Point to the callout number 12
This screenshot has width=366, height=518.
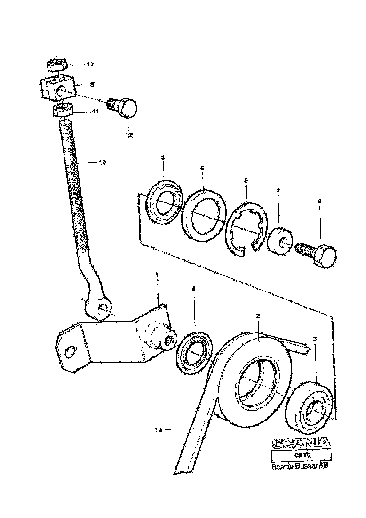pyautogui.click(x=128, y=135)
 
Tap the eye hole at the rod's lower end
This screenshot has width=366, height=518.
pyautogui.click(x=103, y=309)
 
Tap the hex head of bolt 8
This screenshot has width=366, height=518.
pyautogui.click(x=326, y=255)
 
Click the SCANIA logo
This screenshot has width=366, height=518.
pyautogui.click(x=301, y=444)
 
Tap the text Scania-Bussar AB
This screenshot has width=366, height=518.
pyautogui.click(x=300, y=467)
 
